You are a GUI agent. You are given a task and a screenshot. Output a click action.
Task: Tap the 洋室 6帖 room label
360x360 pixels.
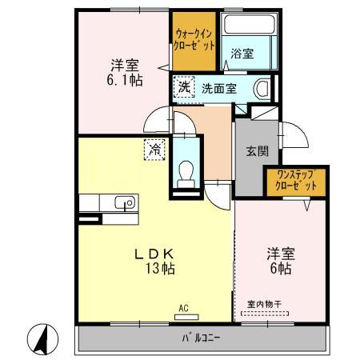[280, 261]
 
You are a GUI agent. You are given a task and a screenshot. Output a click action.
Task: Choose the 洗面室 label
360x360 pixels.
[217, 87]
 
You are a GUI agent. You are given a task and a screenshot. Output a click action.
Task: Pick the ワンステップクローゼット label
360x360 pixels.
[296, 179]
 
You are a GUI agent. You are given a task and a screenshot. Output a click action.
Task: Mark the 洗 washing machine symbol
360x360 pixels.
[185, 86]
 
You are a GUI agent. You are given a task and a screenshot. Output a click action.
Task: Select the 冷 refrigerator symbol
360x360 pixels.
[152, 148]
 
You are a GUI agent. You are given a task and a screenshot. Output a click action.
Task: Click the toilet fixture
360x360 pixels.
[186, 171]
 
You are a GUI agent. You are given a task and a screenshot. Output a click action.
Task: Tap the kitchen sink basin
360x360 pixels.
[125, 203]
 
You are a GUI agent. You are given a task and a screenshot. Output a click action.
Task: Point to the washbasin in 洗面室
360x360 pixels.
[262, 88]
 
